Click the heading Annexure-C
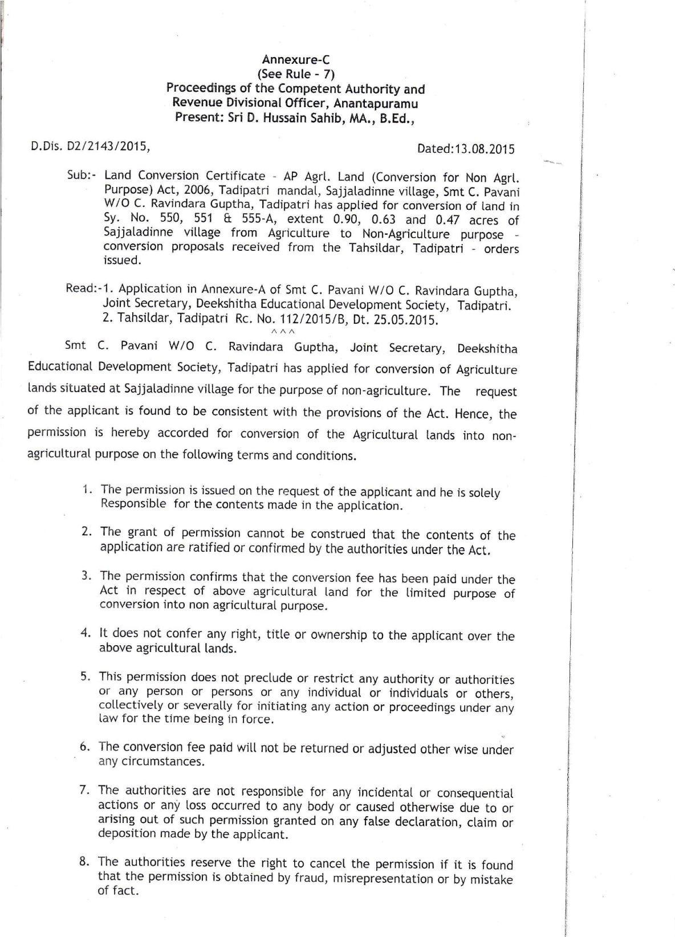coord(296,59)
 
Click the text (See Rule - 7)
coord(296,74)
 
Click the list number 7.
coord(83,790)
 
